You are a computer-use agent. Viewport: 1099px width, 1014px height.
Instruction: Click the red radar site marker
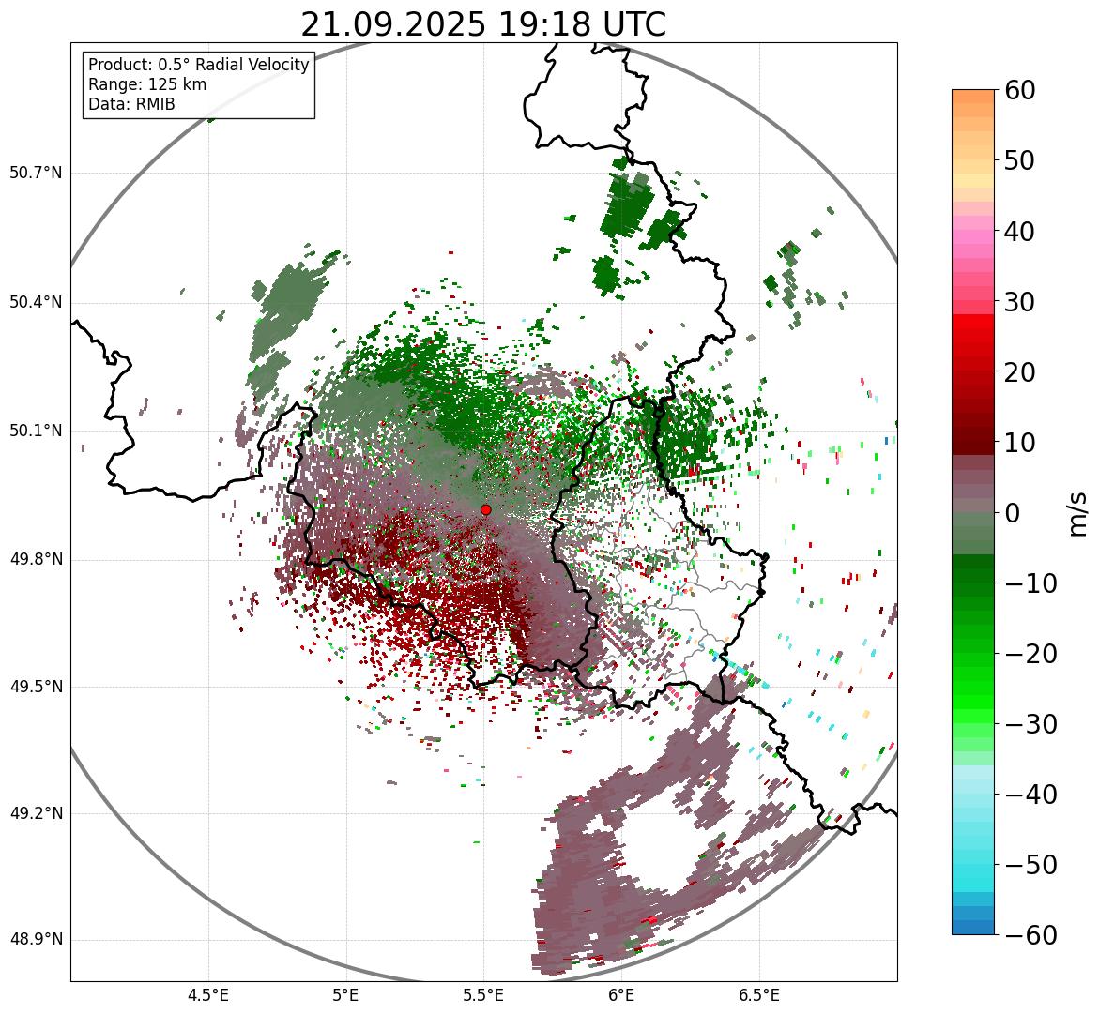pos(485,509)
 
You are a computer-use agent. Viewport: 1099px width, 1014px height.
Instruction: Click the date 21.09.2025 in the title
pos(393,24)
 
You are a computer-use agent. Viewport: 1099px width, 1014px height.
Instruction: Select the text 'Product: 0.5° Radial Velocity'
pos(198,65)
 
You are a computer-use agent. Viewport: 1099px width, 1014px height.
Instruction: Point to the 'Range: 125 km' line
pos(147,84)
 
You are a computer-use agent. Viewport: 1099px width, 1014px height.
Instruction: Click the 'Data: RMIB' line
pos(131,104)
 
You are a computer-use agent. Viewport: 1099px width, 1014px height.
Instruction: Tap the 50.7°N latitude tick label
pos(35,173)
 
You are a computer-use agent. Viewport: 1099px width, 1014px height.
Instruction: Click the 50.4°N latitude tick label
pos(35,302)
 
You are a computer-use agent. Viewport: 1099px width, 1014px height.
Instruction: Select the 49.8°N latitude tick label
pos(35,560)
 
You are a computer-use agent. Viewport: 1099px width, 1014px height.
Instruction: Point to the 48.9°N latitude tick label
pos(35,940)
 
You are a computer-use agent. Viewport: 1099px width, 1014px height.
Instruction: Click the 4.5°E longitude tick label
pos(208,995)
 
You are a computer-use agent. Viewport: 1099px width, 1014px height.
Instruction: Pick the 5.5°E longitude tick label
pos(483,995)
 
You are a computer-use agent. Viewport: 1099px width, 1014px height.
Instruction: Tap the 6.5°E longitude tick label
pos(758,995)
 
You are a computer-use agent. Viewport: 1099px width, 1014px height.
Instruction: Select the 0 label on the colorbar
pos(1013,513)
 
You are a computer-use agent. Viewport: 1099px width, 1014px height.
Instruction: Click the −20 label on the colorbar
pos(1030,654)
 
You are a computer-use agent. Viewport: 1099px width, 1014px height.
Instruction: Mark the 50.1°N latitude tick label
pos(35,431)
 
